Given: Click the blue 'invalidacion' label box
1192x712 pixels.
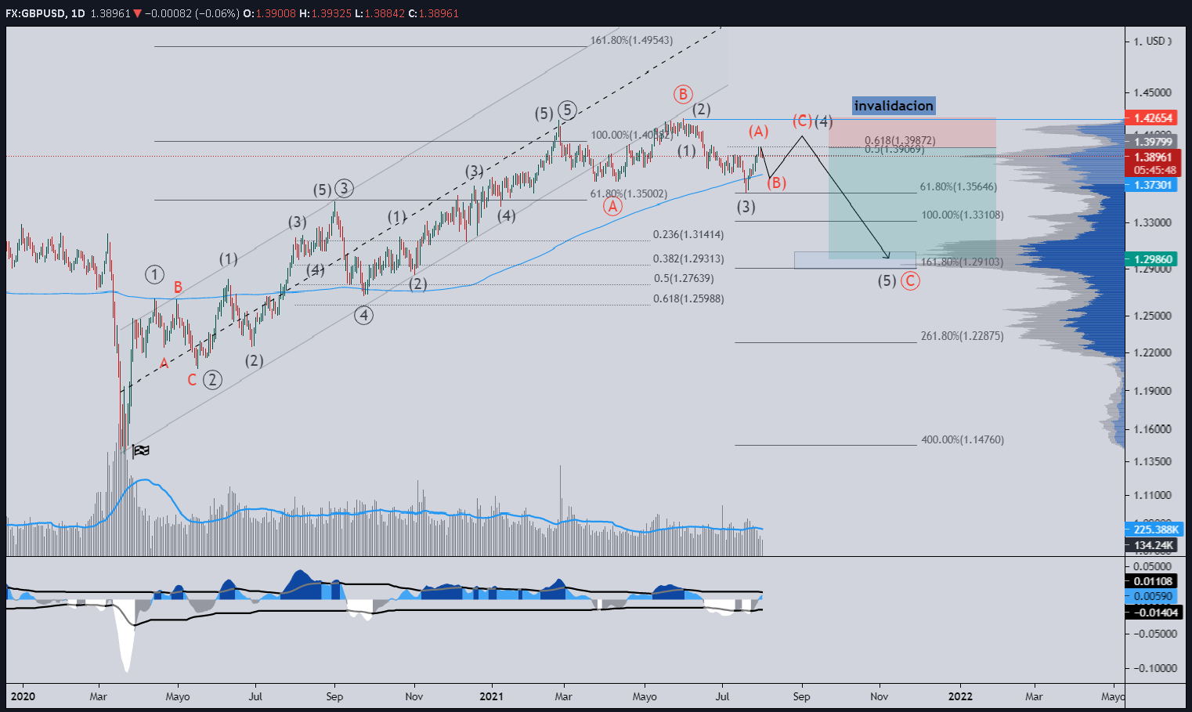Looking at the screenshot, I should (x=894, y=106).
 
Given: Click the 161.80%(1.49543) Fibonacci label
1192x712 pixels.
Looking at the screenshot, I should (x=631, y=40).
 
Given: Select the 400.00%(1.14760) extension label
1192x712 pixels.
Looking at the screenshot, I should (x=963, y=439).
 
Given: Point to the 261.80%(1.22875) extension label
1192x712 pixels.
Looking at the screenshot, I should (x=962, y=336).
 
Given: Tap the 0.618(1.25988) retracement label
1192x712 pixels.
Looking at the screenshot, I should (x=688, y=298).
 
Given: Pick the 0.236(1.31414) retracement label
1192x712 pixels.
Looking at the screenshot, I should (x=688, y=234).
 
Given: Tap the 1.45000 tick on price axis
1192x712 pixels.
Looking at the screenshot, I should (x=1153, y=92).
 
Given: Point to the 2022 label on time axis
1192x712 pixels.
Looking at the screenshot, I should (x=960, y=696).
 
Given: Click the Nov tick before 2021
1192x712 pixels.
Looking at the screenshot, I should (x=414, y=696).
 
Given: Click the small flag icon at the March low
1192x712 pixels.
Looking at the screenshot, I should (x=142, y=450).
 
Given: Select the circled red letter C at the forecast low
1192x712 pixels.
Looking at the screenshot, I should (x=910, y=280).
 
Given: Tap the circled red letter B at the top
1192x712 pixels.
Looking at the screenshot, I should (x=682, y=95).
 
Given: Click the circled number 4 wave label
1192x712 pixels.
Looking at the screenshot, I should (x=363, y=315).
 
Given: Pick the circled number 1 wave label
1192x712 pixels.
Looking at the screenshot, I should (x=154, y=274).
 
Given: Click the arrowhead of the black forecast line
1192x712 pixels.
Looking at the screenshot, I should (x=888, y=256).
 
